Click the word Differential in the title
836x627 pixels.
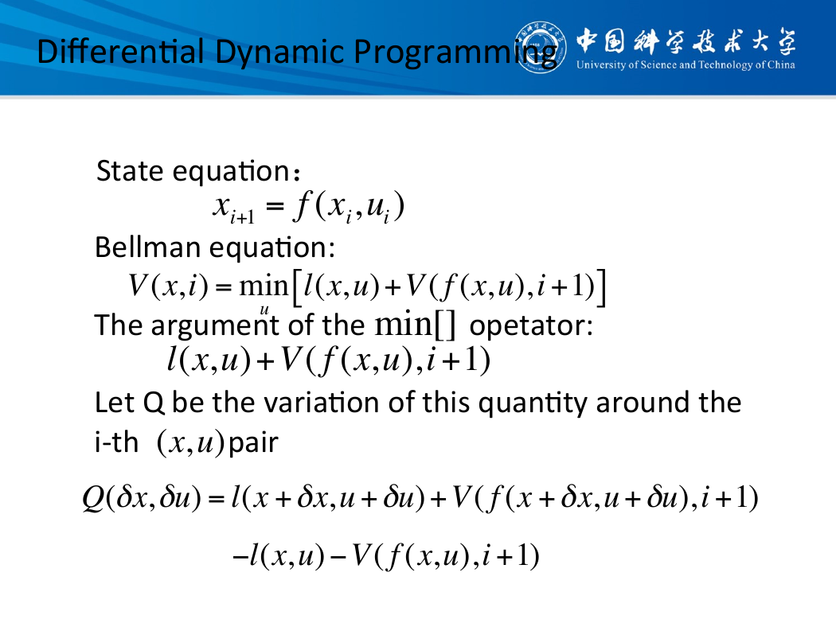pyautogui.click(x=121, y=52)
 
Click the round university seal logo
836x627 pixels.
pyautogui.click(x=541, y=48)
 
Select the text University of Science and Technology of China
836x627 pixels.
pyautogui.click(x=685, y=65)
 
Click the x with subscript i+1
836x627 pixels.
pyautogui.click(x=233, y=208)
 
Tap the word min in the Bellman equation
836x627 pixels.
pyautogui.click(x=264, y=286)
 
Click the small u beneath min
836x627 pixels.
pyautogui.click(x=264, y=310)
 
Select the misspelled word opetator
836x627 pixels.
pyautogui.click(x=530, y=326)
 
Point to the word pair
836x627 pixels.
pyautogui.click(x=253, y=442)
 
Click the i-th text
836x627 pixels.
pyautogui.click(x=116, y=442)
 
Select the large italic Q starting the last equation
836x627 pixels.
pyautogui.click(x=93, y=499)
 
